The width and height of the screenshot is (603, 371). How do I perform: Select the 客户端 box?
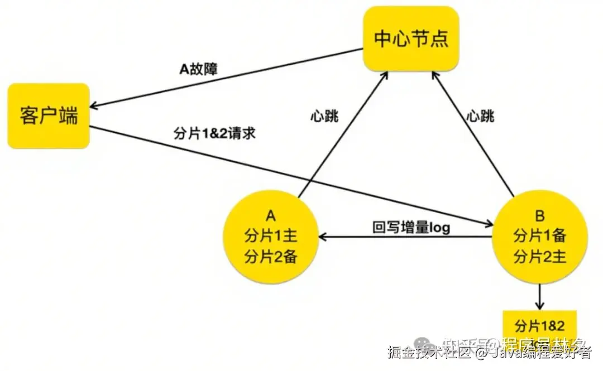tap(49, 116)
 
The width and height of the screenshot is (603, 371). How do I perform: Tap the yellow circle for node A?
tap(271, 237)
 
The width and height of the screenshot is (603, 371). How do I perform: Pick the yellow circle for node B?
tap(539, 237)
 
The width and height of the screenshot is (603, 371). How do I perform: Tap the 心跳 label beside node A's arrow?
tap(324, 117)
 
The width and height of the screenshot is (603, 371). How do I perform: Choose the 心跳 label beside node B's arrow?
tap(480, 117)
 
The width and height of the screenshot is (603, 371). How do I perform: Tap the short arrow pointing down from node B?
tap(539, 297)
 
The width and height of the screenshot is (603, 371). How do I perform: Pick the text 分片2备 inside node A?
tap(271, 257)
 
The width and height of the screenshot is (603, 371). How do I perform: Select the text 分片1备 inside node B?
tap(539, 235)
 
